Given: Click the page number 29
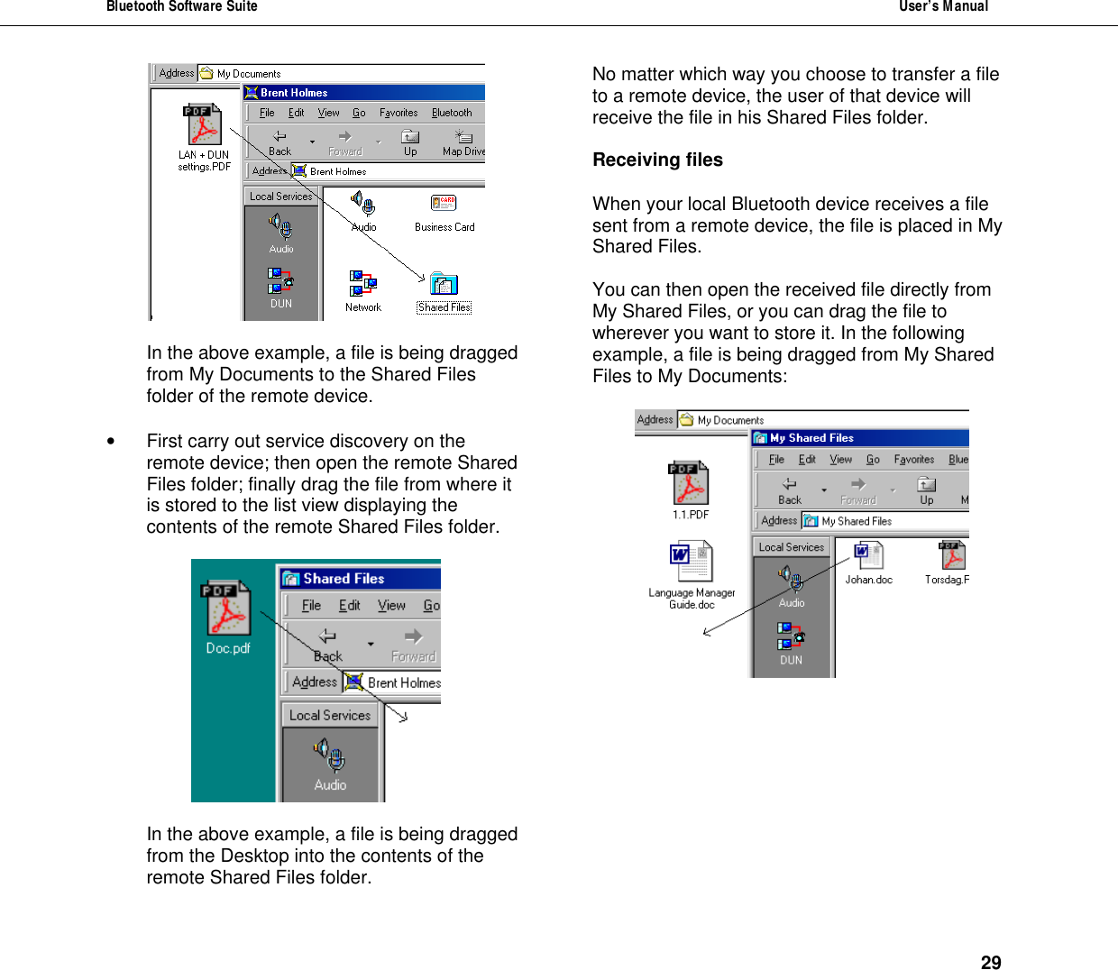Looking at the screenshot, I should (x=990, y=962).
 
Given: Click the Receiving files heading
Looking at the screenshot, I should (x=657, y=160).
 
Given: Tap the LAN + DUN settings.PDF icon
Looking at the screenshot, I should (x=204, y=125).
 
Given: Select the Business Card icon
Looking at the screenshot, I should (x=444, y=205).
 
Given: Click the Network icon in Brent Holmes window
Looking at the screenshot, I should (x=362, y=283).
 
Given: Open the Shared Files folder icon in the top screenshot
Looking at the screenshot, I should (x=444, y=285).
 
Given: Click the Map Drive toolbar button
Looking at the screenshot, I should (x=463, y=142).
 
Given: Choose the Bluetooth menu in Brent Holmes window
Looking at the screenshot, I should (x=452, y=113).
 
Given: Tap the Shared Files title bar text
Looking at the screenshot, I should (x=344, y=579).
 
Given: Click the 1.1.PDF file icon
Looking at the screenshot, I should (x=690, y=484).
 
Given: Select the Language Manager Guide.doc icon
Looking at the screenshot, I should (x=692, y=563).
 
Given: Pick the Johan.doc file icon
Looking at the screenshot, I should (x=868, y=555).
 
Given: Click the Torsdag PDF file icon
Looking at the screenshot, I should (x=951, y=555).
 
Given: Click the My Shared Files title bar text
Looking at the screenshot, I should (x=811, y=438).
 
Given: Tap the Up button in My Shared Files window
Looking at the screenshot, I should (x=927, y=490).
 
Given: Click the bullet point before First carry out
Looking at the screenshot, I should (x=111, y=442).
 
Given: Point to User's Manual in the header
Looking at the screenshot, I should (x=943, y=7).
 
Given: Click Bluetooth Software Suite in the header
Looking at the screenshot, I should (x=182, y=7).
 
